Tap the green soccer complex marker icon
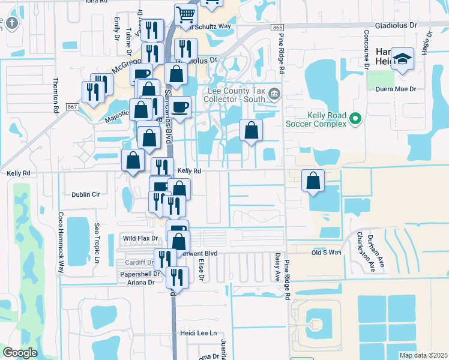coord(355,119)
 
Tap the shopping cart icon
coord(186,14)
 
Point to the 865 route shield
coord(277,28)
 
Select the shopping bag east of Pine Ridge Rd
coord(313,180)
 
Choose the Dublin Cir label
coord(85,194)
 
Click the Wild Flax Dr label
coord(140,239)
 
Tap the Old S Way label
coord(326,253)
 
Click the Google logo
coord(20,353)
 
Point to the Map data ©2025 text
coord(423,355)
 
